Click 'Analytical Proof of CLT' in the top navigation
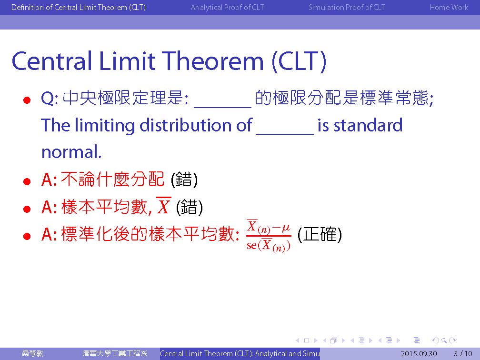click(227, 7)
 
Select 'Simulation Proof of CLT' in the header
click(347, 7)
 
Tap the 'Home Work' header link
click(449, 7)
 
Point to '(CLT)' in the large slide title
click(299, 61)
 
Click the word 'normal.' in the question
click(71, 152)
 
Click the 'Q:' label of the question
click(50, 99)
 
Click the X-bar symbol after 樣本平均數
click(163, 206)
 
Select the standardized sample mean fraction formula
click(269, 236)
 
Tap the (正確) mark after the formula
click(320, 235)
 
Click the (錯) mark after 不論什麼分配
click(184, 180)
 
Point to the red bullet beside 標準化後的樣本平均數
click(27, 236)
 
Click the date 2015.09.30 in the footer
click(419, 353)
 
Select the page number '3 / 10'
click(463, 353)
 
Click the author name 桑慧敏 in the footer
click(32, 353)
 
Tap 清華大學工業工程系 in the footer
click(115, 353)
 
